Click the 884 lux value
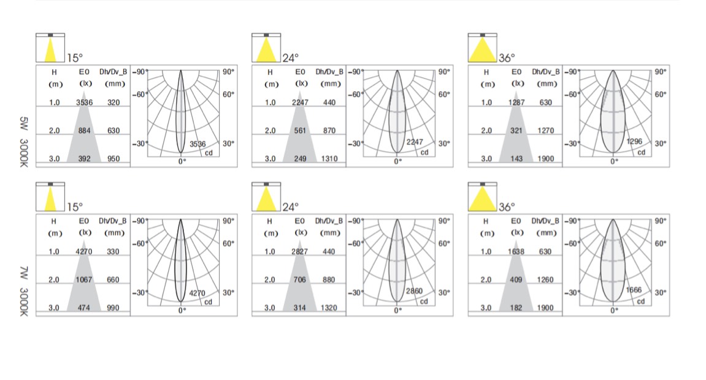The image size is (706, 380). coord(84,131)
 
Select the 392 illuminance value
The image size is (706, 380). coord(84,158)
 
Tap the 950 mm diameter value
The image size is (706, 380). coord(113,158)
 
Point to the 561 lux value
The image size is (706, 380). coord(300,131)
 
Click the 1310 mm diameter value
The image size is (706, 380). coord(329,158)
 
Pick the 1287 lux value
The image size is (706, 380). coord(516,102)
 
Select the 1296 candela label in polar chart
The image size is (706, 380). coord(634,141)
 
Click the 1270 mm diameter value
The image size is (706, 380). coord(546,131)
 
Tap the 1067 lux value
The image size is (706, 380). coord(84,279)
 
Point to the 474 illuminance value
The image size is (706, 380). coord(84,308)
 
